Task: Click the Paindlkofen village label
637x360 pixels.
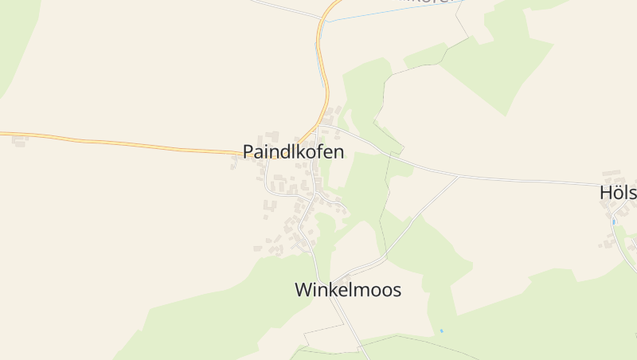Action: coord(294,152)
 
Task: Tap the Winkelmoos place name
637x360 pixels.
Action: coord(348,290)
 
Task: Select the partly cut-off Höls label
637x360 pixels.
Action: coord(618,193)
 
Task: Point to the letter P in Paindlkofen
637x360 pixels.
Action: coord(248,152)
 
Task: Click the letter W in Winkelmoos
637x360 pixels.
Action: coord(303,290)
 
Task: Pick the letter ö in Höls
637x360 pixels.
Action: coord(618,193)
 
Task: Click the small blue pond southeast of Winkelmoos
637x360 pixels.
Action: coord(441,331)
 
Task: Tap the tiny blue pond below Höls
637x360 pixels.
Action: coord(614,221)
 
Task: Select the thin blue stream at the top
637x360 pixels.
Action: coord(382,11)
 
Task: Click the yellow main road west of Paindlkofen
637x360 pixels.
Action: coord(119,144)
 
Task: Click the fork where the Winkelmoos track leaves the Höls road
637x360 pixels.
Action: coord(459,177)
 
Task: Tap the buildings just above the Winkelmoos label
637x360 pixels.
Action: coord(345,276)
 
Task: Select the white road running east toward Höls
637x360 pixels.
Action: coord(518,180)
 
